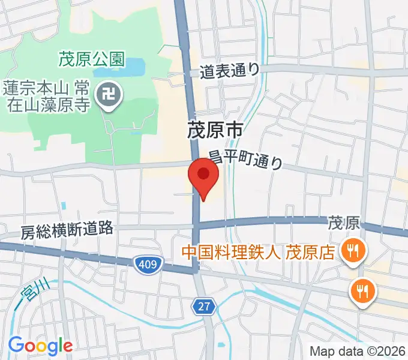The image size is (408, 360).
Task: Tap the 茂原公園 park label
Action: tap(92, 59)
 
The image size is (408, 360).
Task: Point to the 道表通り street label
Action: tap(230, 70)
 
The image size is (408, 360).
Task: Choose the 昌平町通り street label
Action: tap(245, 160)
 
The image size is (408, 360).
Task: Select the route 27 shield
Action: tap(204, 307)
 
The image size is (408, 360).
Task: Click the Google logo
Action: tap(40, 346)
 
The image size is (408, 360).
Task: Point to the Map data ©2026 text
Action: tap(357, 350)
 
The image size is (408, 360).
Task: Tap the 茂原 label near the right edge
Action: tap(344, 224)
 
